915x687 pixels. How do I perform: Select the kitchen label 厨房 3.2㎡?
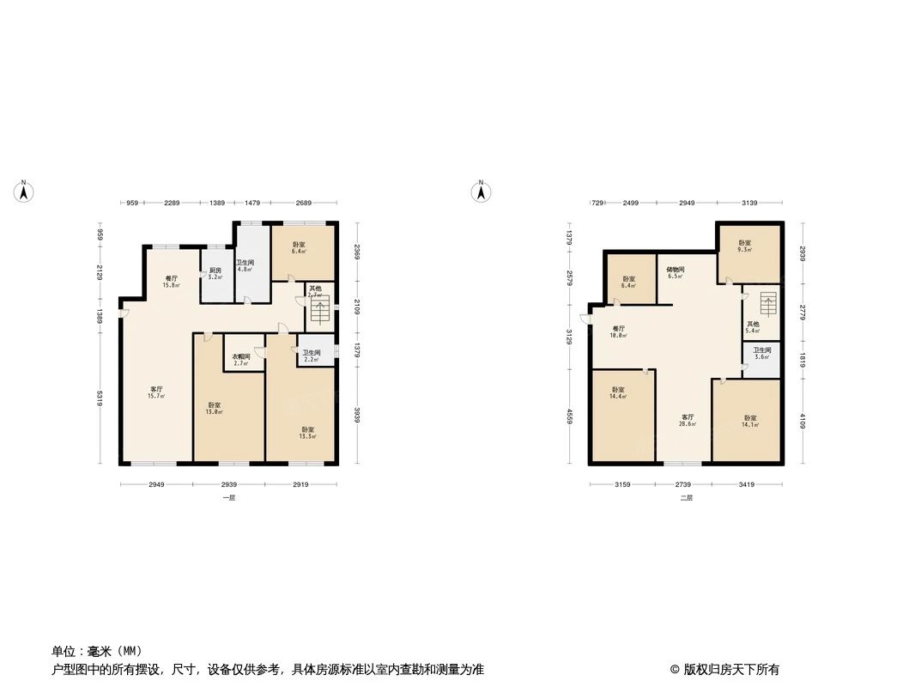(215, 274)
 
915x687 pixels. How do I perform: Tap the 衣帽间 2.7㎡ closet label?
(240, 360)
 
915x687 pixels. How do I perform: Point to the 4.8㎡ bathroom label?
(245, 266)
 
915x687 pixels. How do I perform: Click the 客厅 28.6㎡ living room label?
(688, 420)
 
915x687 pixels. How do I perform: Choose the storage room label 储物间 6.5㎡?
(675, 272)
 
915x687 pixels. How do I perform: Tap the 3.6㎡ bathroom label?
(761, 353)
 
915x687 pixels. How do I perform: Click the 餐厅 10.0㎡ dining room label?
(619, 331)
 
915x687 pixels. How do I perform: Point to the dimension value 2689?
(303, 203)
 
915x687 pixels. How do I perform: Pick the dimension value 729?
(597, 203)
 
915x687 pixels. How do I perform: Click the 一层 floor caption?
(228, 498)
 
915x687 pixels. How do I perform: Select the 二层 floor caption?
(686, 498)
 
